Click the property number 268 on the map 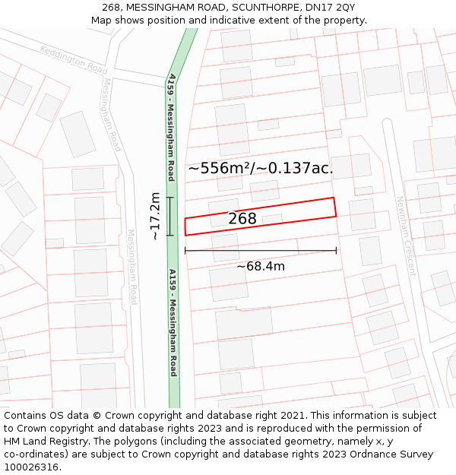[x=242, y=219]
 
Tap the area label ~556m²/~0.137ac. [x=260, y=168]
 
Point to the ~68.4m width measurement [x=260, y=266]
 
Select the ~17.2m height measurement [x=155, y=216]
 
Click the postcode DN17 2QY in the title [x=334, y=8]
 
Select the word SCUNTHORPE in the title [x=263, y=8]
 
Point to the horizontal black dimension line [x=260, y=250]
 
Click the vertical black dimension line [x=170, y=216]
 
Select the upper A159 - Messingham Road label [x=172, y=128]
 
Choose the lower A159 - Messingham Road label [x=173, y=322]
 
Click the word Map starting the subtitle [x=101, y=21]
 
